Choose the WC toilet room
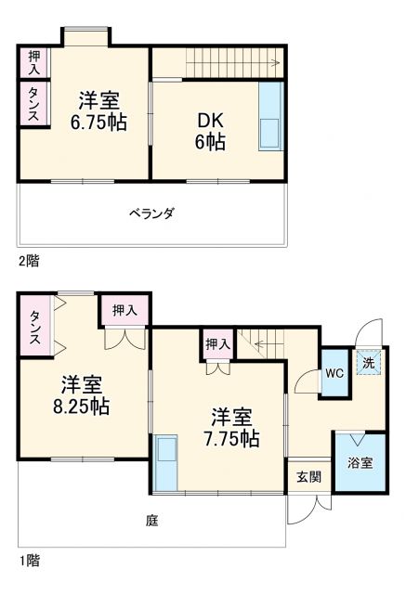pyautogui.click(x=334, y=373)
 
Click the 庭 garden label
pyautogui.click(x=151, y=521)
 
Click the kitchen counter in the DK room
pyautogui.click(x=270, y=117)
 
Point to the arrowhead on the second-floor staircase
pyautogui.click(x=277, y=64)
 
